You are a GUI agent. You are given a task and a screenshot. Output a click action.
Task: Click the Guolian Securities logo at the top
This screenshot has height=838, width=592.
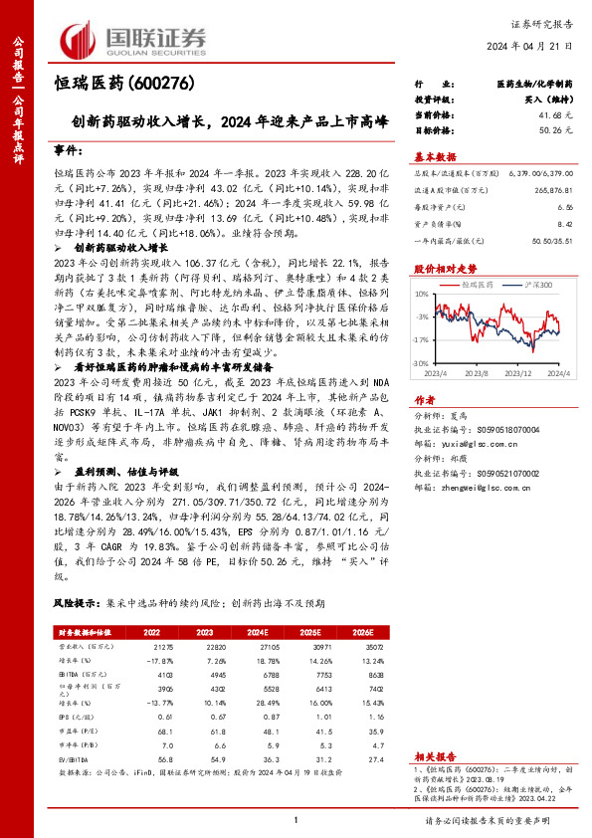134,37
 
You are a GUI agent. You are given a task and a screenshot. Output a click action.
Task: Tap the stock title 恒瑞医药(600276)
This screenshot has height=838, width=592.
121,84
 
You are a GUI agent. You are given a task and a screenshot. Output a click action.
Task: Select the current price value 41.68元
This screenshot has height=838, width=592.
553,115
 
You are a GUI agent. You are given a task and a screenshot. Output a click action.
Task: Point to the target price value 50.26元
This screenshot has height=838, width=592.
553,129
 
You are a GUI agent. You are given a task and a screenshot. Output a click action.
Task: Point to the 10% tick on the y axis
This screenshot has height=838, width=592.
423,294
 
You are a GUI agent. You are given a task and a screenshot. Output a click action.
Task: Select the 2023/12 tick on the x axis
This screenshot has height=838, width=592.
514,374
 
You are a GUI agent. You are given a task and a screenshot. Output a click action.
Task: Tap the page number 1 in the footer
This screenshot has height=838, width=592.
296,819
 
